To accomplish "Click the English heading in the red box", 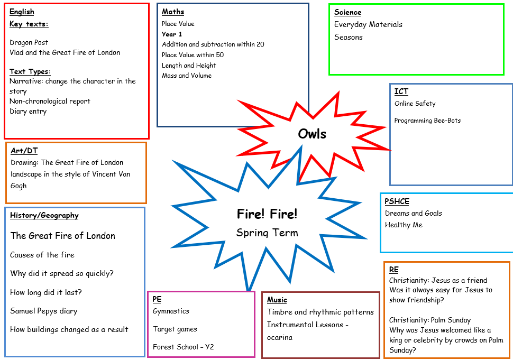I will tap(22, 12).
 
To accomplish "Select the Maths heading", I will tap(173, 12).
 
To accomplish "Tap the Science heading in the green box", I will tap(348, 12).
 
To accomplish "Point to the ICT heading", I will tap(401, 91).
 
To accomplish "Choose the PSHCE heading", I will tap(397, 201).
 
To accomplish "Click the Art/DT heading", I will tap(24, 151).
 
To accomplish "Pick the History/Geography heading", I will tap(44, 215).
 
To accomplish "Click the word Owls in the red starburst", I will tap(312, 134).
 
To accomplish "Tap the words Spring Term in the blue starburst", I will tap(267, 233).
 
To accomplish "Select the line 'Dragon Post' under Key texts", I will tap(29, 42).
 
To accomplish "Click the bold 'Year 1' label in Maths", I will tap(172, 34).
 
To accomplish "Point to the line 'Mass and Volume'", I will tap(187, 76).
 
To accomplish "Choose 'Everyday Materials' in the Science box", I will tap(368, 24).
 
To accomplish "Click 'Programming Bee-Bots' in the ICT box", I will tap(427, 121).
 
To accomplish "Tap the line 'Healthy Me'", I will tap(404, 225).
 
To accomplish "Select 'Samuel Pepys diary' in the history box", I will tap(43, 311).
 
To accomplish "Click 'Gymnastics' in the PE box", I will tap(171, 311).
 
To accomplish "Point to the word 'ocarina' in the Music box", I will tap(280, 337).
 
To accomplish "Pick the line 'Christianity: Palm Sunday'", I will tap(430, 320).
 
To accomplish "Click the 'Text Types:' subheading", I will tap(30, 71).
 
